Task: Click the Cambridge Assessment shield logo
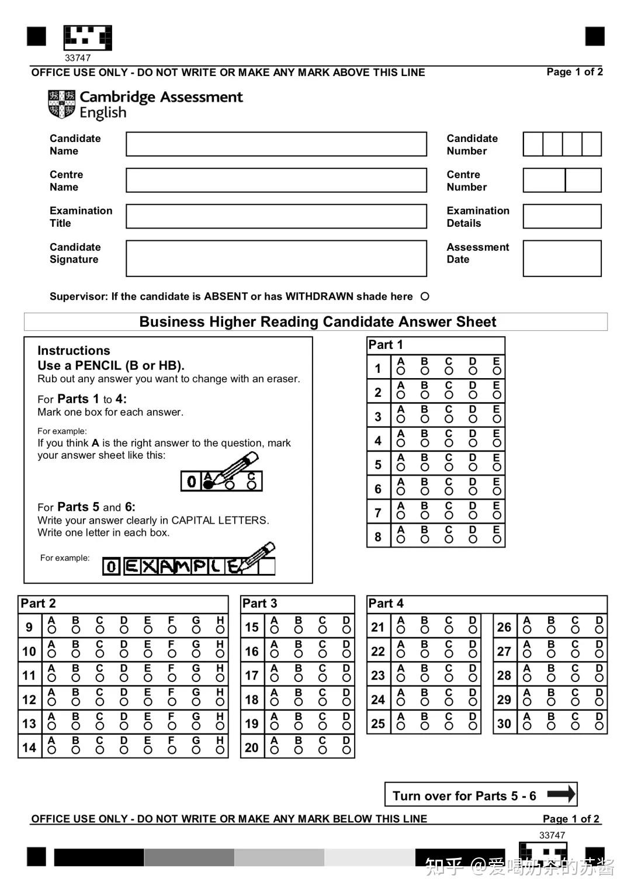coord(62,104)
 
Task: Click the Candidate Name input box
coord(276,144)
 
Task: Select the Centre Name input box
coord(276,181)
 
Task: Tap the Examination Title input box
coord(276,217)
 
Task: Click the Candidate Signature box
coord(276,258)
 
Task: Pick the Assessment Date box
coord(562,258)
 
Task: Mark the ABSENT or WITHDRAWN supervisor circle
coord(425,296)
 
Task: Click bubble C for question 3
coord(449,419)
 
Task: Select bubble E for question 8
coord(497,539)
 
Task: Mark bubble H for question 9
coord(220,630)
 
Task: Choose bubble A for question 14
coord(52,750)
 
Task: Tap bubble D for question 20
coord(346,750)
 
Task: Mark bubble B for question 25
coord(425,726)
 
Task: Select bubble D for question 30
coord(599,726)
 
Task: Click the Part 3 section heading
coord(260,604)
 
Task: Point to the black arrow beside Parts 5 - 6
coord(561,794)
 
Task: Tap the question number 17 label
coord(252,676)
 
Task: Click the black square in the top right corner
coord(595,36)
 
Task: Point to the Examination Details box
coord(562,217)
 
